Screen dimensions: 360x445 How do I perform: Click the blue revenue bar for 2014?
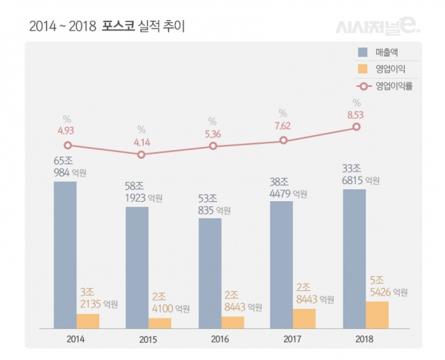(65, 253)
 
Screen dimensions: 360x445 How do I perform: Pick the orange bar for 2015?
(159, 322)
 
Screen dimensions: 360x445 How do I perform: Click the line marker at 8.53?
(357, 127)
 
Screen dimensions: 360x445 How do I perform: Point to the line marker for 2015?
(142, 154)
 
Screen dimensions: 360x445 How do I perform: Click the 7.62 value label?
(283, 125)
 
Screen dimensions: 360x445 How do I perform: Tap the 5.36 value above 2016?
(213, 133)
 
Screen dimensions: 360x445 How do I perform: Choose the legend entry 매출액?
(388, 52)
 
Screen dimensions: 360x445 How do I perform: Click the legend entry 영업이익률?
(392, 86)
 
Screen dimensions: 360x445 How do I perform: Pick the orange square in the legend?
(363, 69)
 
